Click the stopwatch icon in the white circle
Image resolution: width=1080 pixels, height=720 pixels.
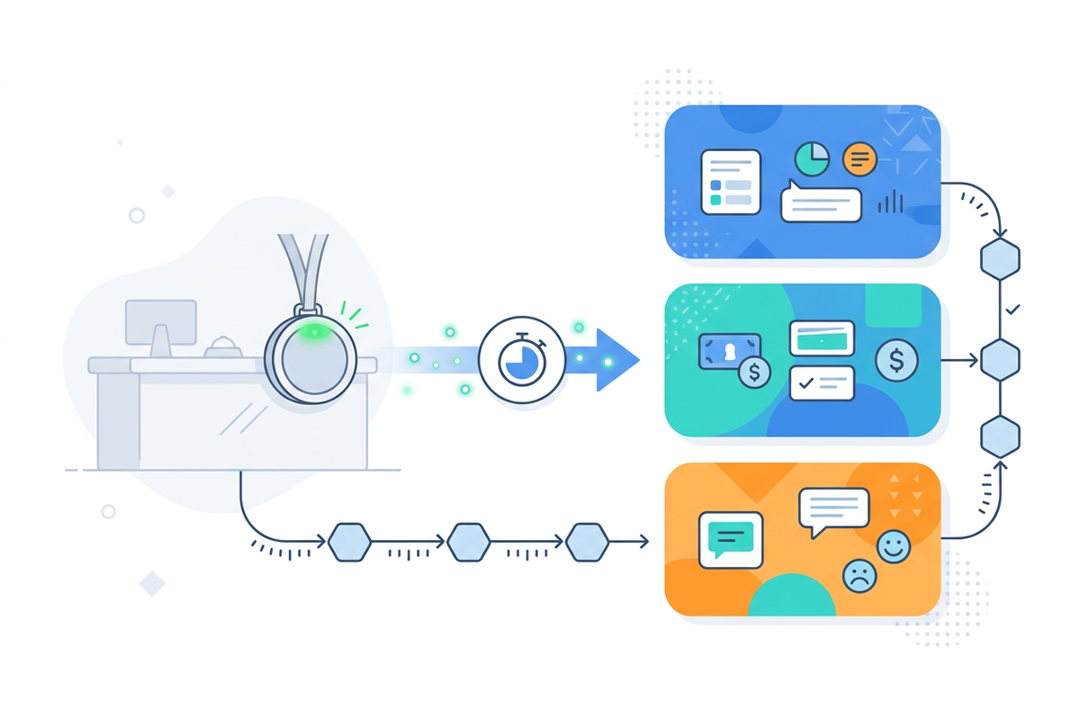click(x=522, y=359)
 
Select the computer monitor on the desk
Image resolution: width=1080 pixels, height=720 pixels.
click(x=161, y=321)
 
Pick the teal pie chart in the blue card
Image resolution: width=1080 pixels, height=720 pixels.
click(x=812, y=159)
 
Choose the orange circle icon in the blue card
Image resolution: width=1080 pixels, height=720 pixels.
click(x=859, y=159)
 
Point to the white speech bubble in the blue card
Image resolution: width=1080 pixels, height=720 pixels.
click(x=820, y=202)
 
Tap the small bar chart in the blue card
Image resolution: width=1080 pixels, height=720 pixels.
click(x=890, y=202)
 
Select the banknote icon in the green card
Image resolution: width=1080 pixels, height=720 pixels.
click(x=728, y=351)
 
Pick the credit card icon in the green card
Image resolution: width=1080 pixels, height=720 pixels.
click(x=821, y=337)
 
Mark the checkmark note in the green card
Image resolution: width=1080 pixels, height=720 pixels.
click(x=821, y=382)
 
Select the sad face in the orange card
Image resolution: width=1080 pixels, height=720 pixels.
click(x=859, y=575)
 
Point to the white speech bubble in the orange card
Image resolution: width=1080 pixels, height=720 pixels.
click(x=833, y=510)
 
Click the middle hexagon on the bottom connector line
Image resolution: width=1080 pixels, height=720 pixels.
click(x=469, y=541)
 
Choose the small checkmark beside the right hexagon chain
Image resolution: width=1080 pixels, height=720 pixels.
click(x=1013, y=310)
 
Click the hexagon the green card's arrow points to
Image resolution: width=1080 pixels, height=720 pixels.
click(x=1000, y=360)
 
